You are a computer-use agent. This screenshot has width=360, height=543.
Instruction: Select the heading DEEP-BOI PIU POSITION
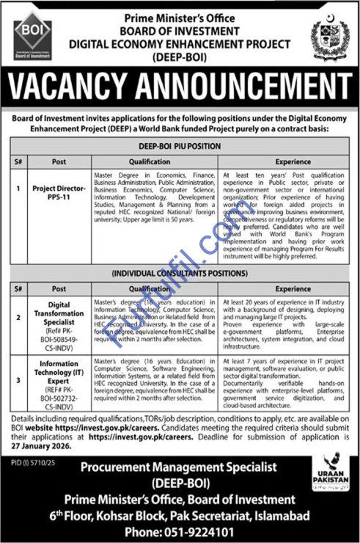coord(180,146)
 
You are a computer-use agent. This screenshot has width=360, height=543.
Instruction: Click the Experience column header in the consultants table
coord(293,289)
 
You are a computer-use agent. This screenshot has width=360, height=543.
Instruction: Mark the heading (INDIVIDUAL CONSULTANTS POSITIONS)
coord(180,275)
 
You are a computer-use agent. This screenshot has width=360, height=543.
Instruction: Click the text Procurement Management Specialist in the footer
coord(179,467)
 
